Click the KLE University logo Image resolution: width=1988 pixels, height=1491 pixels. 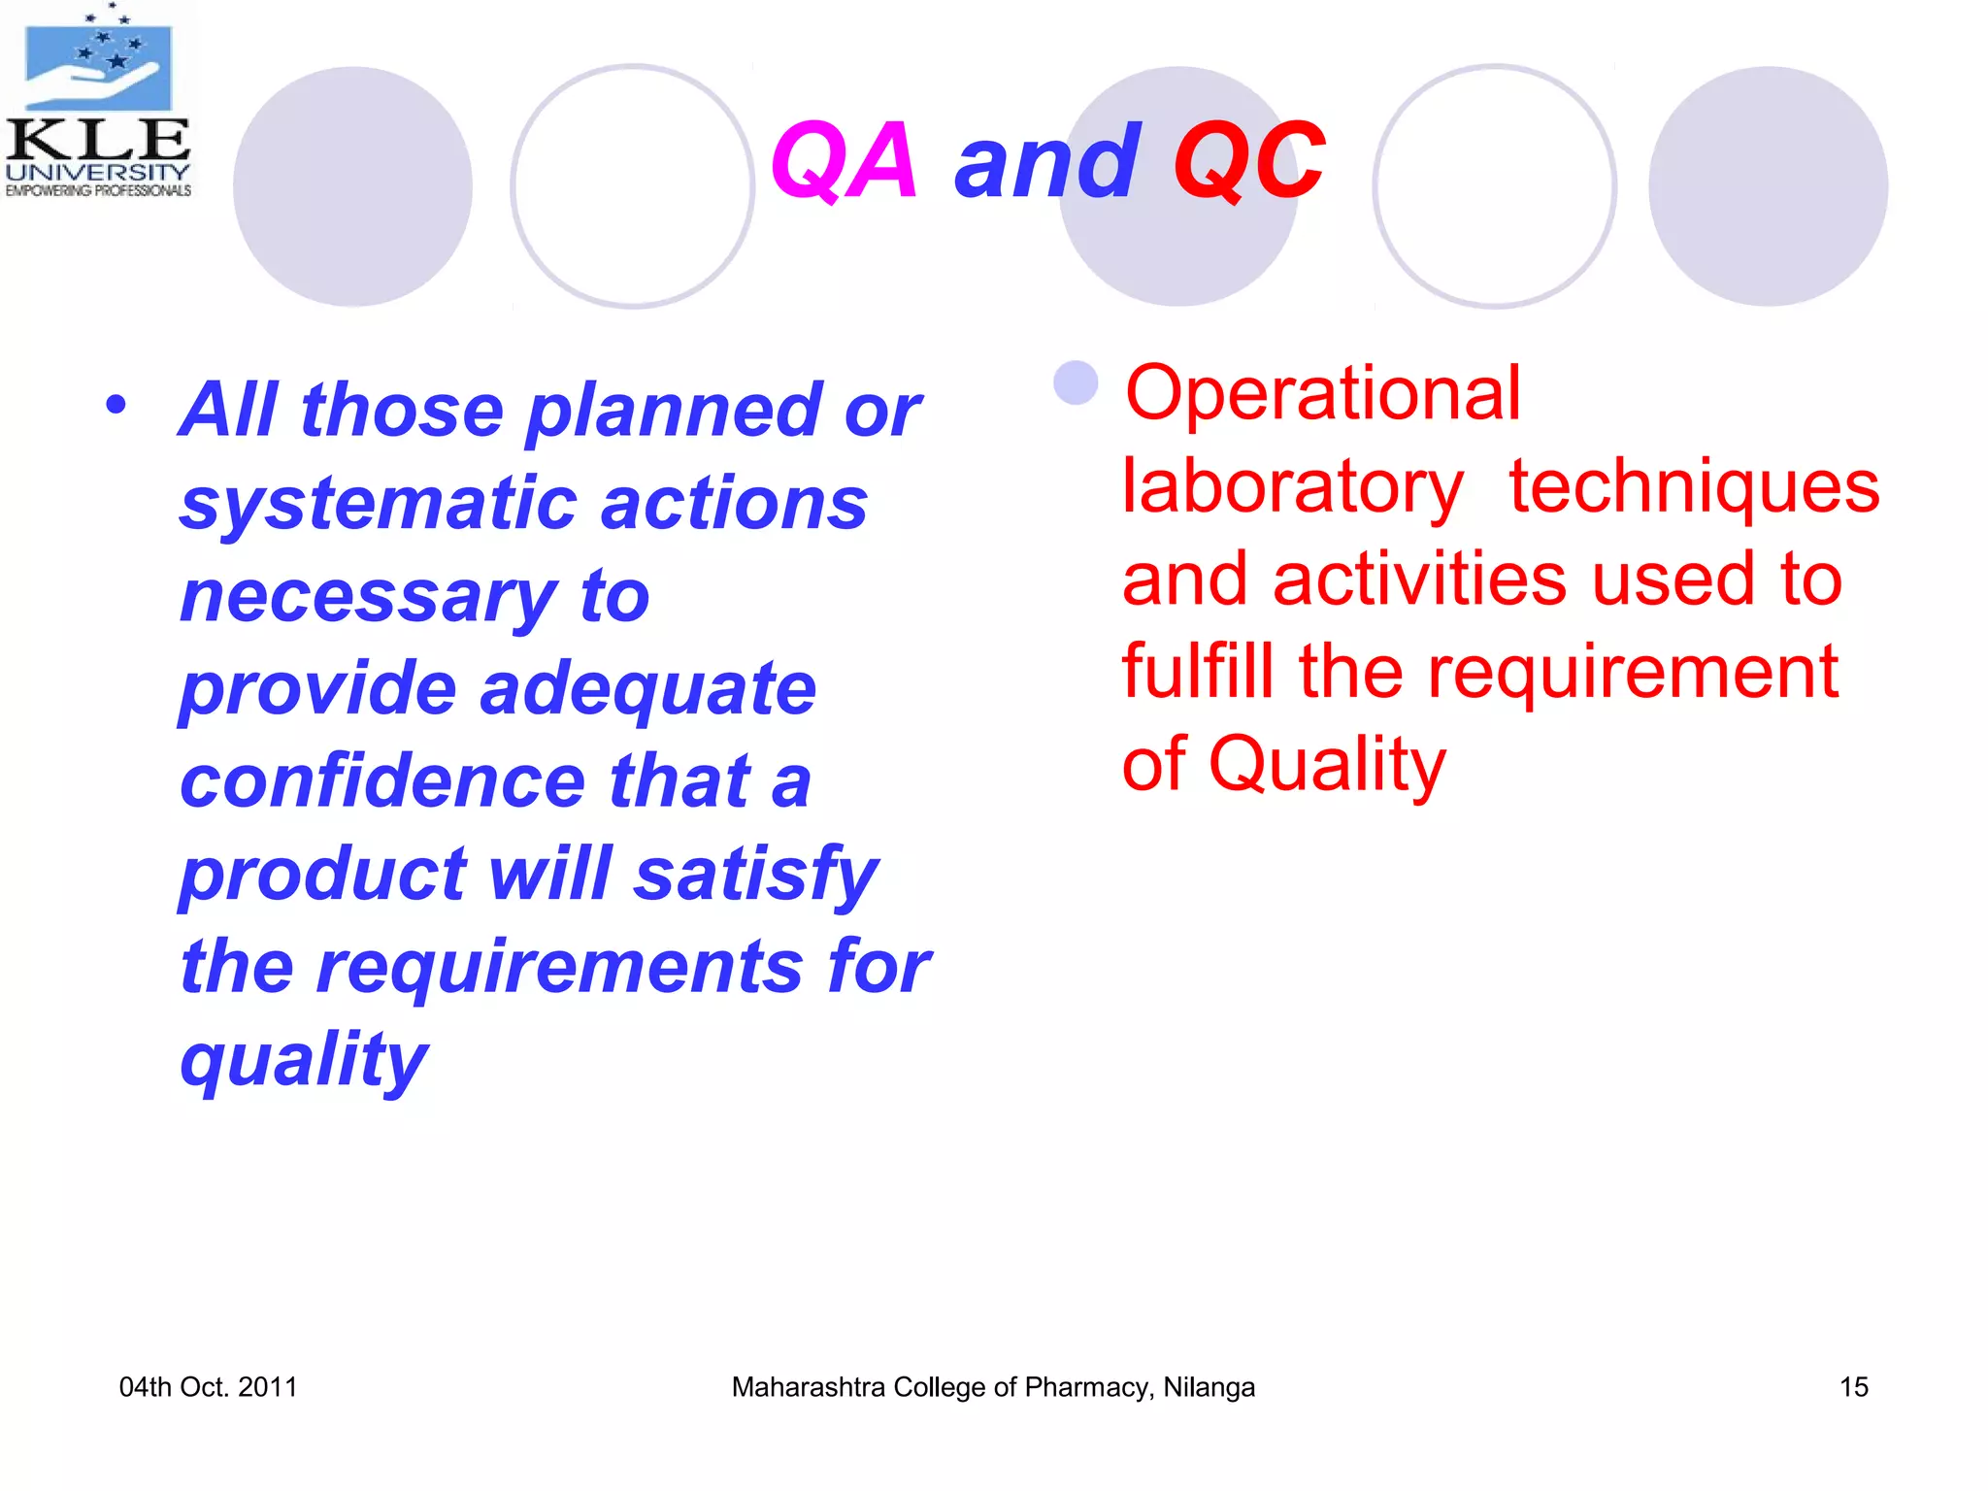[x=98, y=102]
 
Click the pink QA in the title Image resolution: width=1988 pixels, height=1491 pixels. [x=843, y=162]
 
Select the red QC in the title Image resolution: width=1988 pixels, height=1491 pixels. [x=1248, y=162]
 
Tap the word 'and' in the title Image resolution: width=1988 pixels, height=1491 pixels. [x=1046, y=162]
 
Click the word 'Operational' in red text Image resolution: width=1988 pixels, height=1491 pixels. [x=1322, y=393]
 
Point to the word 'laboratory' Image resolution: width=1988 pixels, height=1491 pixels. [x=1292, y=486]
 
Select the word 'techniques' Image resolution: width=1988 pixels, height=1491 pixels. [x=1694, y=486]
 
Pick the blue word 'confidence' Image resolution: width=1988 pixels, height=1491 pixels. [x=382, y=781]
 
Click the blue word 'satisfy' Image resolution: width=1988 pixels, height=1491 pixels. [x=756, y=875]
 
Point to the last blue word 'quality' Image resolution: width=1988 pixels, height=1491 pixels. [x=304, y=1060]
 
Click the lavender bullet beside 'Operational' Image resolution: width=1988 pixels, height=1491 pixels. [x=1076, y=382]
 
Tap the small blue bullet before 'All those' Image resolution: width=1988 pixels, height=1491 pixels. [x=116, y=405]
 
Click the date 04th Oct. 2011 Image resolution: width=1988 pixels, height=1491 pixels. [x=208, y=1387]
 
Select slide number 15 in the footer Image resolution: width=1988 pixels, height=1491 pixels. [x=1853, y=1387]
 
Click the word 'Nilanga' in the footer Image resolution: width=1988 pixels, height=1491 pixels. [x=1209, y=1387]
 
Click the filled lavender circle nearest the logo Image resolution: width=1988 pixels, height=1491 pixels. [x=352, y=186]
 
